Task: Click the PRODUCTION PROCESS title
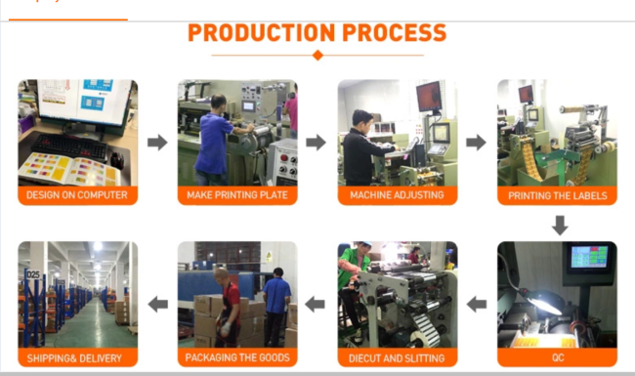pyautogui.click(x=317, y=33)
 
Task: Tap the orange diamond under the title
pyautogui.click(x=317, y=55)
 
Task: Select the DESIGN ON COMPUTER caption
pyautogui.click(x=77, y=195)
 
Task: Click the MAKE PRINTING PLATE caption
pyautogui.click(x=237, y=195)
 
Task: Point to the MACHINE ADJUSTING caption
pyautogui.click(x=397, y=195)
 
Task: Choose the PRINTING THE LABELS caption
pyautogui.click(x=558, y=196)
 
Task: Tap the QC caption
pyautogui.click(x=558, y=357)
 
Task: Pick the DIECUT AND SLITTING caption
pyautogui.click(x=397, y=358)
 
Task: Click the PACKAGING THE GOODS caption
pyautogui.click(x=237, y=357)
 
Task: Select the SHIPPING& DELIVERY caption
pyautogui.click(x=74, y=358)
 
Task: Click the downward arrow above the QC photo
pyautogui.click(x=560, y=226)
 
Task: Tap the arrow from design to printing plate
pyautogui.click(x=157, y=142)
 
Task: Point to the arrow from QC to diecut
pyautogui.click(x=477, y=304)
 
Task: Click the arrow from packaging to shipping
pyautogui.click(x=158, y=304)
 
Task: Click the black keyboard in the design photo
pyautogui.click(x=69, y=146)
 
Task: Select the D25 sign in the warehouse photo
pyautogui.click(x=33, y=274)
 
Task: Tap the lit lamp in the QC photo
pyautogui.click(x=542, y=301)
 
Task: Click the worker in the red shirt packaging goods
pyautogui.click(x=227, y=308)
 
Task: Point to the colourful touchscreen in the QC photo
pyautogui.click(x=590, y=257)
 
